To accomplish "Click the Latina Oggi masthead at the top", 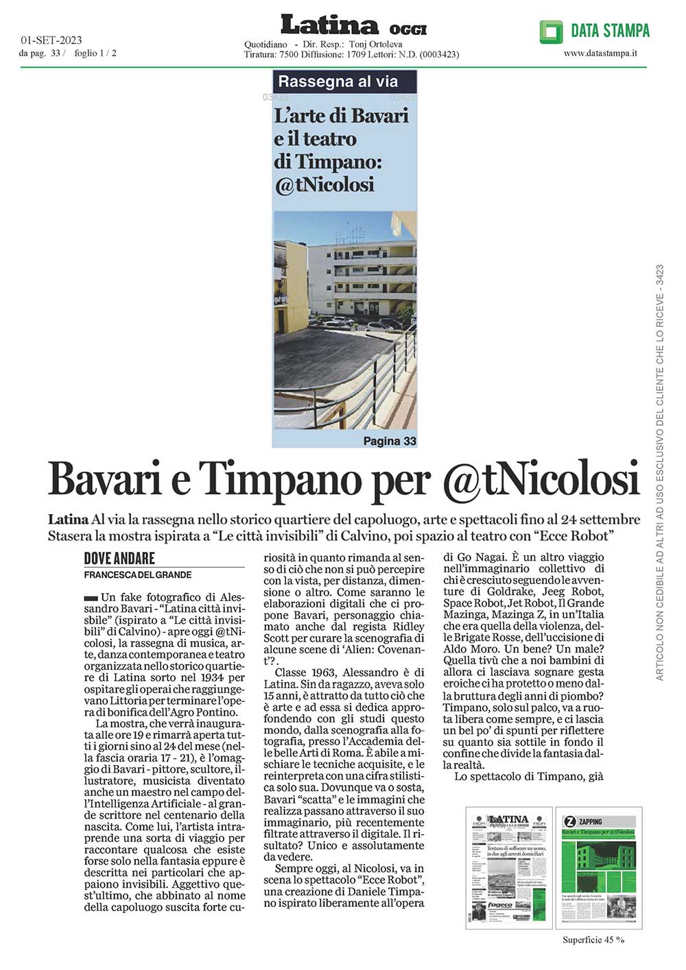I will pyautogui.click(x=353, y=26).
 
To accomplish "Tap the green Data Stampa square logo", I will pyautogui.click(x=551, y=32).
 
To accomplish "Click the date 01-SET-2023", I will pyautogui.click(x=51, y=40).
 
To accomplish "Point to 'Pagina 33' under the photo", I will pyautogui.click(x=390, y=441).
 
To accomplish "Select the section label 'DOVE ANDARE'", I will pyautogui.click(x=119, y=558).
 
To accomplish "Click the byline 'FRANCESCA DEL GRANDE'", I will pyautogui.click(x=138, y=574).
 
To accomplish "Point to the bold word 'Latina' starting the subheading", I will pyautogui.click(x=68, y=519).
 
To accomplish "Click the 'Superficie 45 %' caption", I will pyautogui.click(x=593, y=940).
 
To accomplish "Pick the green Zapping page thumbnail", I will pyautogui.click(x=599, y=868).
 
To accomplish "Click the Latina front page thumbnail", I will pyautogui.click(x=508, y=868).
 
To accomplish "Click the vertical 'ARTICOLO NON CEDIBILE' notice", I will pyautogui.click(x=660, y=473).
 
